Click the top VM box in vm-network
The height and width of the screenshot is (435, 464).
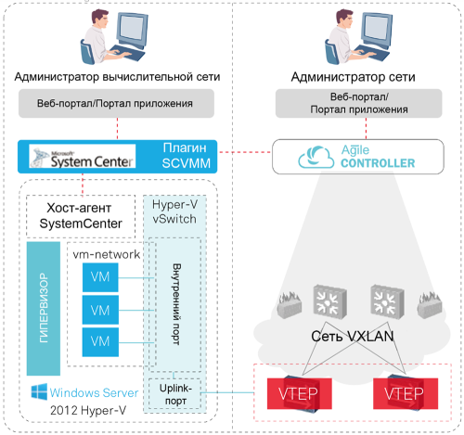(x=100, y=277)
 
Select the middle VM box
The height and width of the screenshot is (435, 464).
(x=100, y=309)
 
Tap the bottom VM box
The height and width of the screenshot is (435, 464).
(x=100, y=340)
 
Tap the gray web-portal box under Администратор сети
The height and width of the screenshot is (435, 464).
(x=345, y=104)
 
